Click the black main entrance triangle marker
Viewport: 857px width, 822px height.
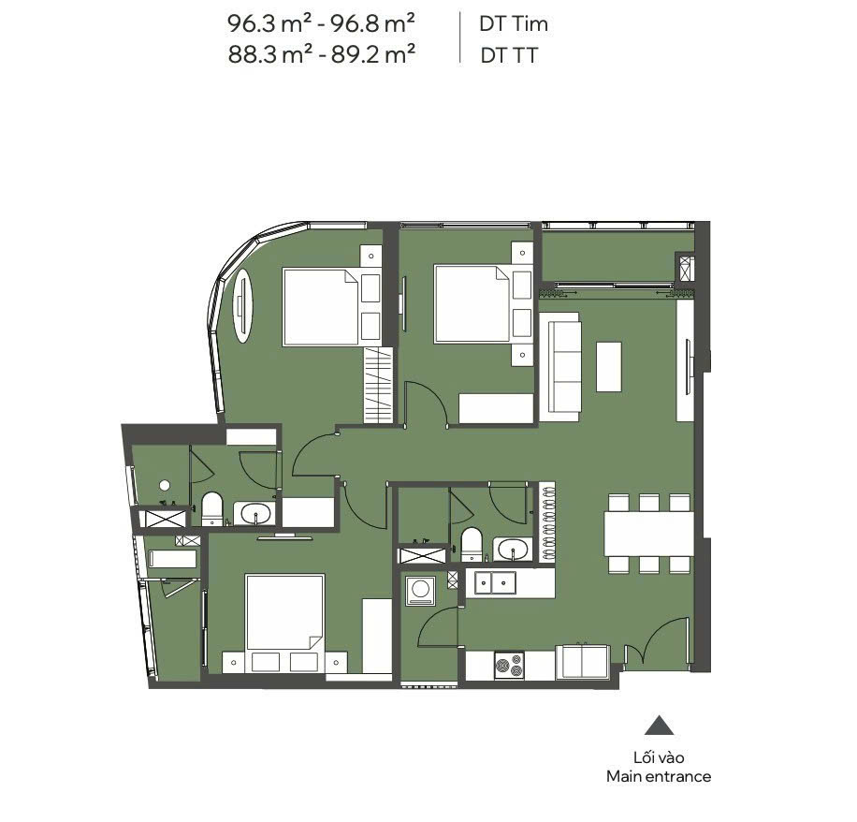tap(660, 726)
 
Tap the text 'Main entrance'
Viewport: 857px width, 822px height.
tap(659, 777)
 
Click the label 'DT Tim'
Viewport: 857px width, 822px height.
tap(514, 23)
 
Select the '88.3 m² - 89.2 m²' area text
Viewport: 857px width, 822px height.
tap(322, 54)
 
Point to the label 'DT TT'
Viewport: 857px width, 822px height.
tap(509, 55)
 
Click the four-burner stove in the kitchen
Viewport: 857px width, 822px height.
tap(509, 666)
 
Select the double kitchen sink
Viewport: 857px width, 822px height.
tap(495, 582)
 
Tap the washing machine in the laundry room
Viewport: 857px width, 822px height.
tap(420, 590)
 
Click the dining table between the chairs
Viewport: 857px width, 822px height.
tap(648, 534)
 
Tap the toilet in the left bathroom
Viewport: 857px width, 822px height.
tap(212, 508)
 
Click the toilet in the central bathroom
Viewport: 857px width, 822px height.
tap(471, 544)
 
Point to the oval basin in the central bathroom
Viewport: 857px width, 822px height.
tap(514, 549)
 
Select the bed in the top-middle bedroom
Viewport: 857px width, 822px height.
tap(472, 304)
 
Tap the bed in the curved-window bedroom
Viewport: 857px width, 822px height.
tap(321, 307)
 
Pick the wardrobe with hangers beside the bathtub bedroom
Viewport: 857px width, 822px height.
tap(378, 385)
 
